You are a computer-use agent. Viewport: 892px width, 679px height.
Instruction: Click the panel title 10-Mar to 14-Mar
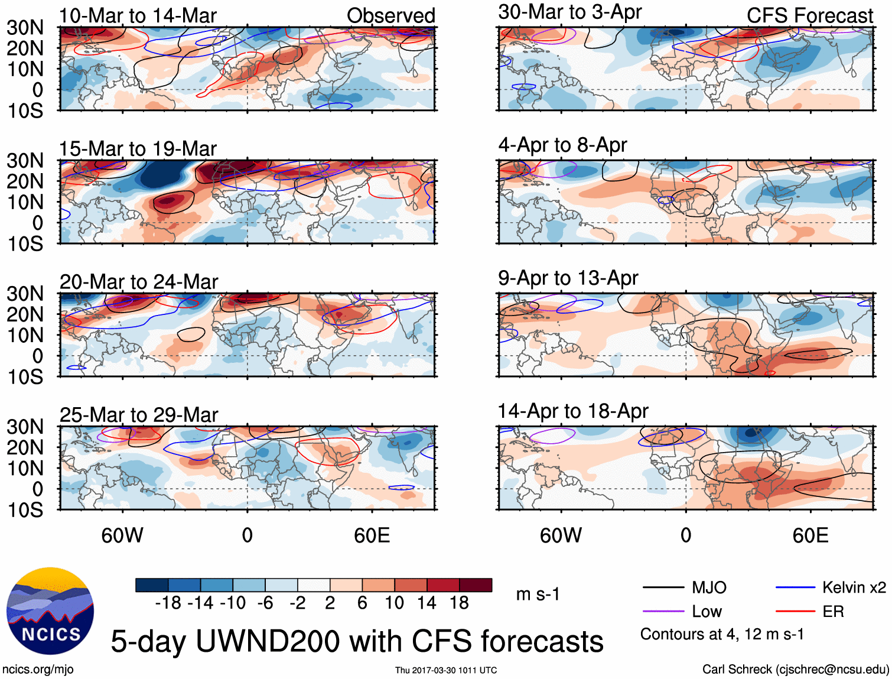pos(138,16)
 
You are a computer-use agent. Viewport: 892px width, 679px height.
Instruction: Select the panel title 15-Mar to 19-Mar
pos(138,149)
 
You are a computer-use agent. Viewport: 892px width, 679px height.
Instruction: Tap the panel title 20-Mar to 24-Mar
pos(139,282)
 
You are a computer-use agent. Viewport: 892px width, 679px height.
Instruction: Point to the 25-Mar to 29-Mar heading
pos(139,415)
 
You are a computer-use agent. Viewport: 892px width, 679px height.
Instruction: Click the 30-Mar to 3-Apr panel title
pos(569,12)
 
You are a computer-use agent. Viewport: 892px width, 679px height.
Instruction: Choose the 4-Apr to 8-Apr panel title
pos(562,145)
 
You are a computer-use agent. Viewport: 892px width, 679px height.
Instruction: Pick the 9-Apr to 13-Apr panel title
pos(568,278)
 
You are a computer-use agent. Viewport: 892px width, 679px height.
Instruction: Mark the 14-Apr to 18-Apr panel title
pos(573,411)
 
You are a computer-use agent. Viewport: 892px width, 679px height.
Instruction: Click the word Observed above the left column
pos(390,16)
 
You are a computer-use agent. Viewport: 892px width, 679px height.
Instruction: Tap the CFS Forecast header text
pos(809,16)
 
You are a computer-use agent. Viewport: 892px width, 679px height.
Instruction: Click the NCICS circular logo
pos(50,611)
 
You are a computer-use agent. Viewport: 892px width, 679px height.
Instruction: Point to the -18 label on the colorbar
pos(168,603)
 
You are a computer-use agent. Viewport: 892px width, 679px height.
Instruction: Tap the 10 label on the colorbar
pos(394,603)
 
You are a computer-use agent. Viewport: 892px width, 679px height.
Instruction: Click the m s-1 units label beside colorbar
pos(538,594)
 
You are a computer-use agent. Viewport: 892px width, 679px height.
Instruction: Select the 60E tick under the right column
pos(810,535)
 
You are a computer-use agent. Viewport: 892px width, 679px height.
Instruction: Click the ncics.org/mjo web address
pos(38,670)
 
